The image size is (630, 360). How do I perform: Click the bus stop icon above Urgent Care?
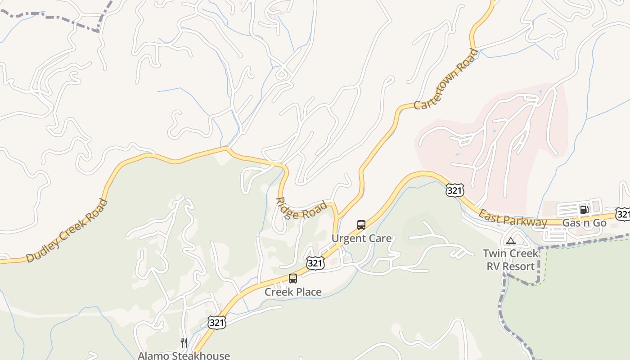[x=361, y=225]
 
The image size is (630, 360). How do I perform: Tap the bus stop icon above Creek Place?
[x=293, y=279]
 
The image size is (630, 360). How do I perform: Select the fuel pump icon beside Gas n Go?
[x=584, y=209]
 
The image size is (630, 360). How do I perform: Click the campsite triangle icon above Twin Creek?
[x=510, y=241]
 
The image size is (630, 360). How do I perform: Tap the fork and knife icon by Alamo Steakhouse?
[x=184, y=343]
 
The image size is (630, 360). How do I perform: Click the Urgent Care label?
[x=361, y=238]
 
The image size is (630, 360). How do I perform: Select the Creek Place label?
[x=293, y=292]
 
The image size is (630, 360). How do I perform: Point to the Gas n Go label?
[x=585, y=223]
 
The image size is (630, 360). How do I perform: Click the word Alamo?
[x=154, y=355]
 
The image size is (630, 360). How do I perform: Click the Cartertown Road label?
[x=446, y=80]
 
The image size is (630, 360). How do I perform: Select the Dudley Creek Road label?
[x=67, y=231]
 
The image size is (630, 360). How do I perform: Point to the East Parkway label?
[x=513, y=219]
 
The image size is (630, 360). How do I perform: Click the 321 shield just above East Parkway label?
[x=454, y=191]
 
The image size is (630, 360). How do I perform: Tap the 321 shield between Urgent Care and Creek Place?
[x=315, y=263]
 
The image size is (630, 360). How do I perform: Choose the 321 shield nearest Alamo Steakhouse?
[x=216, y=322]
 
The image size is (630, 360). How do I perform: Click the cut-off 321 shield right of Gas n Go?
[x=623, y=214]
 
